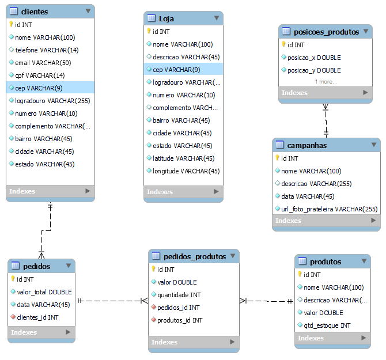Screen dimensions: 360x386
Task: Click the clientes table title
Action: click(34, 12)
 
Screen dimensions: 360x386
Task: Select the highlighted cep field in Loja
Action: click(176, 70)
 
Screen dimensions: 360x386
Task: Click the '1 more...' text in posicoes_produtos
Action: click(326, 82)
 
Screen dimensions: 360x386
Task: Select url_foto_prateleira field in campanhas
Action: click(329, 209)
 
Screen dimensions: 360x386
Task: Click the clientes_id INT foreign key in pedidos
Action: click(37, 317)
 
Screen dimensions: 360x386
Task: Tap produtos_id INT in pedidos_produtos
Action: click(179, 320)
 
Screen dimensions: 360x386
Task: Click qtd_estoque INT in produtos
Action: click(327, 325)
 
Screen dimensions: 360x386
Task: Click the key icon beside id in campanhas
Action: click(277, 158)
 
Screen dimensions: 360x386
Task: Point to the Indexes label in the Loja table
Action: click(160, 192)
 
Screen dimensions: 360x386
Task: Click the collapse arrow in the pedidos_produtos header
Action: click(232, 256)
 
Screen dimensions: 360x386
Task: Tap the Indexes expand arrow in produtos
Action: click(364, 338)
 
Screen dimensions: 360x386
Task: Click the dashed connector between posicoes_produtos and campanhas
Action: click(326, 120)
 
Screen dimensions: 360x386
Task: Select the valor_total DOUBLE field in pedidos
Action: click(44, 291)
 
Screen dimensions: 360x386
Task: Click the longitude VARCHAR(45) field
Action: click(186, 171)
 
